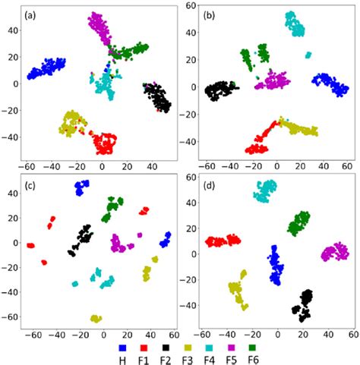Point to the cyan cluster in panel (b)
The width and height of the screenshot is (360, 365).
click(294, 24)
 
